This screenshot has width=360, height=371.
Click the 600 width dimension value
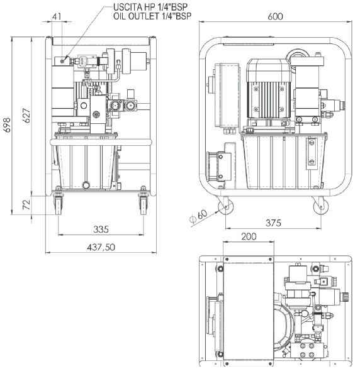pyautogui.click(x=275, y=16)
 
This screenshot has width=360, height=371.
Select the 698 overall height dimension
pyautogui.click(x=7, y=125)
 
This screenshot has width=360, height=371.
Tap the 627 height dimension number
pyautogui.click(x=26, y=116)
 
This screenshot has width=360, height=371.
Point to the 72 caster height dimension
pyautogui.click(x=26, y=204)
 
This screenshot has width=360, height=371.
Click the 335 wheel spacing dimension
pyautogui.click(x=101, y=229)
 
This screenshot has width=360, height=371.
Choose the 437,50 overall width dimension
pyautogui.click(x=101, y=247)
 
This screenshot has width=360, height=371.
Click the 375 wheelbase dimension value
pyautogui.click(x=273, y=223)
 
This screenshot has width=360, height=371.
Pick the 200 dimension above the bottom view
pyautogui.click(x=249, y=236)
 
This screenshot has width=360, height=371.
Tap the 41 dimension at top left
pyautogui.click(x=57, y=16)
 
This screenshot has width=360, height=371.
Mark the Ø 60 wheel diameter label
pyautogui.click(x=198, y=216)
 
